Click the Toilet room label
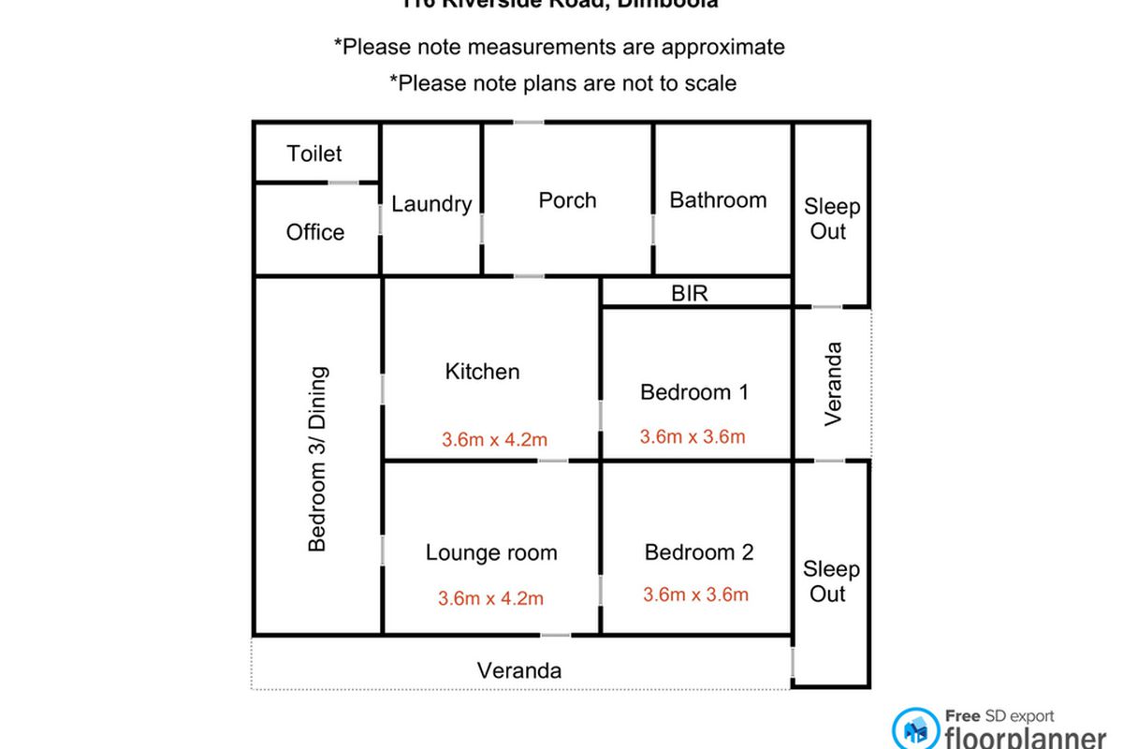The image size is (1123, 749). pos(314,154)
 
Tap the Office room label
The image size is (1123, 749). pos(315,232)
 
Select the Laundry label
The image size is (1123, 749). pos(430,204)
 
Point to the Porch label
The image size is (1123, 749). pos(567,200)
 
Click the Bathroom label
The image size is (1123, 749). pos(718,200)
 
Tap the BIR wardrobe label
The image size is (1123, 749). pos(690,294)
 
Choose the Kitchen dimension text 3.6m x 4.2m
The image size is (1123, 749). pos(494,438)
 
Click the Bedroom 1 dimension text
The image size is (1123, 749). pos(693,436)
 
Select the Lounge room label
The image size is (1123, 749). pos(491,553)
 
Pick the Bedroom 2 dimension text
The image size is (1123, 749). pos(695,595)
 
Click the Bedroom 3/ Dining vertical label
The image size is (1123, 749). pos(318,459)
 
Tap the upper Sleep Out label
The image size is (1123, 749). pos(831,219)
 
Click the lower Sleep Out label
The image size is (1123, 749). pos(831,581)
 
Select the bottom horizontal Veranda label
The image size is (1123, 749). pos(519,671)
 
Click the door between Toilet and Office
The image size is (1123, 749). pos(343,183)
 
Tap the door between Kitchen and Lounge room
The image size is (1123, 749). pos(552,461)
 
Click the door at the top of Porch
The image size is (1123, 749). pos(529,122)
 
